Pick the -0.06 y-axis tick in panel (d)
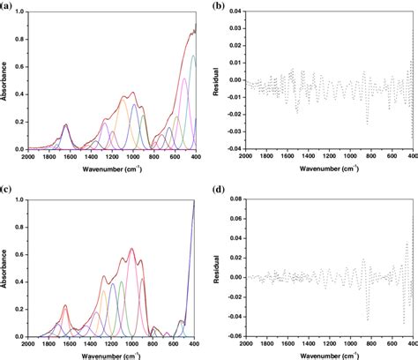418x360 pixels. (233, 335)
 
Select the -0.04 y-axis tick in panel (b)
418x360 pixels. (233, 150)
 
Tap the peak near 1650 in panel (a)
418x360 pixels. (65, 125)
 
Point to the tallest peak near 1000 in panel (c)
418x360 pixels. (132, 249)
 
